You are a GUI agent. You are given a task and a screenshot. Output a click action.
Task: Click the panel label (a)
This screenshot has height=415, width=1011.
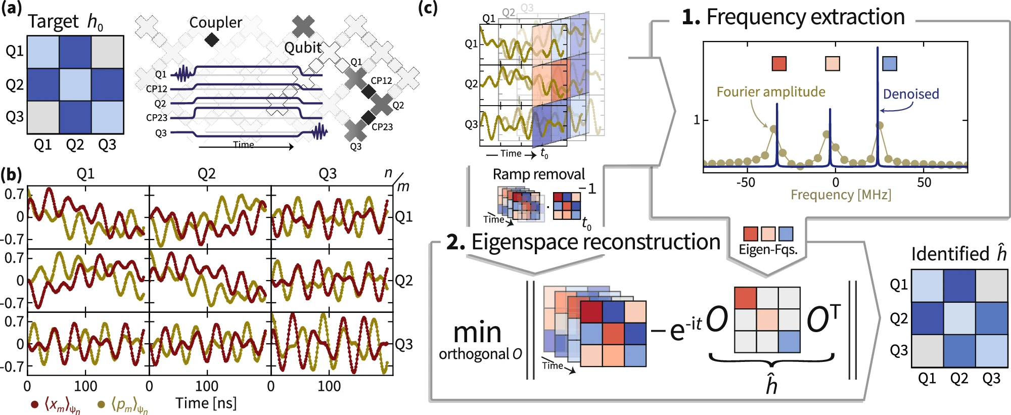click(x=11, y=9)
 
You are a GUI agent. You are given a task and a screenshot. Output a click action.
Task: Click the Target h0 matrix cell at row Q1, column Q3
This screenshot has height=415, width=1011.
click(x=107, y=52)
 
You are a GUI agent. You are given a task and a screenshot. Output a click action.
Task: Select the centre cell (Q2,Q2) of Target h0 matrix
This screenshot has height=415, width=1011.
click(x=75, y=84)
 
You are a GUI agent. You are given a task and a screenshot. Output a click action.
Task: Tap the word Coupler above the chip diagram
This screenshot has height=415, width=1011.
click(x=215, y=22)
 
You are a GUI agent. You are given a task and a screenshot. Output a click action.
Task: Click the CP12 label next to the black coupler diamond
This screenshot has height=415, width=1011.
click(x=381, y=80)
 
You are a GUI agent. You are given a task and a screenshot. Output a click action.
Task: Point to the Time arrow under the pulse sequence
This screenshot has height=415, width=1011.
click(x=246, y=146)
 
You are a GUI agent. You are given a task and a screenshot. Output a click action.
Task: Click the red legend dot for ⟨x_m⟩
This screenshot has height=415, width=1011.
click(x=35, y=404)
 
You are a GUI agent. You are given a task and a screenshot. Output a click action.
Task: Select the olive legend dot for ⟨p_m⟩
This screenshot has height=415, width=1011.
click(x=101, y=404)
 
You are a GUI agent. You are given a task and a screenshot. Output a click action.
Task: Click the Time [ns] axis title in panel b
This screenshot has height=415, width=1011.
click(x=206, y=403)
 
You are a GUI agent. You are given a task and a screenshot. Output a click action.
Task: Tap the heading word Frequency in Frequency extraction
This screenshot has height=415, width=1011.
click(x=750, y=17)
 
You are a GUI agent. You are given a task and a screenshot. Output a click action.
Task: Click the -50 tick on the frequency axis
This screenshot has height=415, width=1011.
click(x=746, y=182)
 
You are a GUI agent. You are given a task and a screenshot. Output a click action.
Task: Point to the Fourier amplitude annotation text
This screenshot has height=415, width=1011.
click(x=770, y=91)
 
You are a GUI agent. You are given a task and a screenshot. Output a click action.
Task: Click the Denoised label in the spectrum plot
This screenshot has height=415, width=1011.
click(x=910, y=94)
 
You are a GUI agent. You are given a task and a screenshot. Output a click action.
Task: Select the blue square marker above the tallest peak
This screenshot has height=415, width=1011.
click(x=889, y=64)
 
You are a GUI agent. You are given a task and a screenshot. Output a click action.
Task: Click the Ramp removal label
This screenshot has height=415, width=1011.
click(x=538, y=174)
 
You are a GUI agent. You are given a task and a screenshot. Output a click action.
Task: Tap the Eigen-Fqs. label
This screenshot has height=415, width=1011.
click(x=768, y=250)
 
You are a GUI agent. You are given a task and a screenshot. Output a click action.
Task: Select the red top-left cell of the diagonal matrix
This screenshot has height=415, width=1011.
click(x=745, y=298)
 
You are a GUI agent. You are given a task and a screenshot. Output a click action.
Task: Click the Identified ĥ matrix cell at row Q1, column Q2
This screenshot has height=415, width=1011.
click(x=959, y=286)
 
